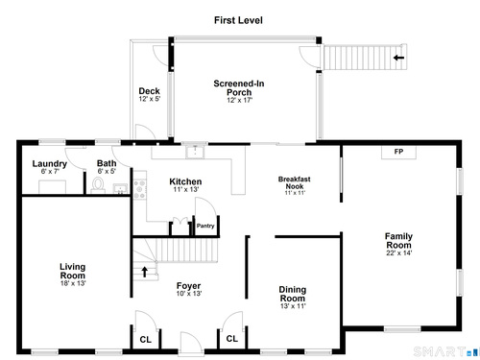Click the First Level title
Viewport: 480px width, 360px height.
238,20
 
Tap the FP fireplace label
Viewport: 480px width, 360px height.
398,152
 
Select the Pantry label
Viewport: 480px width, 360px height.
205,226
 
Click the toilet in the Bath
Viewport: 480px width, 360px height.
98,185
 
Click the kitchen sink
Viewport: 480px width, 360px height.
195,152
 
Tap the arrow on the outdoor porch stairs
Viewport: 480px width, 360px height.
398,58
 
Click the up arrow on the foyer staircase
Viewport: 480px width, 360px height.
145,272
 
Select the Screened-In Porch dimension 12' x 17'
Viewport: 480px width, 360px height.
239,100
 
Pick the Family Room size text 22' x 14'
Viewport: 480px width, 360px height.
398,252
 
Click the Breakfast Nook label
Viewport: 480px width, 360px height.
295,182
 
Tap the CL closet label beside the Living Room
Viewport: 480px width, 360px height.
146,340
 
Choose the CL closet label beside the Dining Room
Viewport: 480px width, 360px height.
232,339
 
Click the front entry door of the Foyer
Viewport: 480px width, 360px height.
191,344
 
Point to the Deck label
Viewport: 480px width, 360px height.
149,91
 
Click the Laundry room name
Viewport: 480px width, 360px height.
50,164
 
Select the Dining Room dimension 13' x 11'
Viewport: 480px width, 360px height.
293,306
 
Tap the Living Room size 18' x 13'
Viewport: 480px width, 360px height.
73,283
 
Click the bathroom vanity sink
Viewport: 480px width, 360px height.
120,188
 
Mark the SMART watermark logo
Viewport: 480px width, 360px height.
445,351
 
